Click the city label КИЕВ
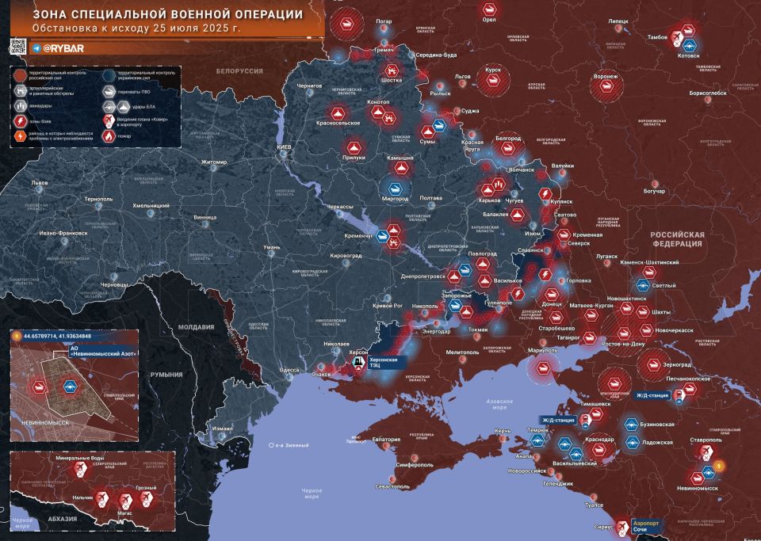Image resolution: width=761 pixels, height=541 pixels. (284, 148)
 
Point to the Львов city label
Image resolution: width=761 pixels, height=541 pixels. (39, 182)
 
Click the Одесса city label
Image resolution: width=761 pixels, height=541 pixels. (290, 370)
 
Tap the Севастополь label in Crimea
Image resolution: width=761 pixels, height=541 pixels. (393, 486)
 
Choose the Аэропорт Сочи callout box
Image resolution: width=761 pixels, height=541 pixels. (649, 526)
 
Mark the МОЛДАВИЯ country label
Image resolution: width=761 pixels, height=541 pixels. (195, 327)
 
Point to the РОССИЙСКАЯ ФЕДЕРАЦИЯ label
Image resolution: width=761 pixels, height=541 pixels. (677, 239)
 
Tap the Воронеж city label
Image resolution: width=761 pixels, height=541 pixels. (605, 77)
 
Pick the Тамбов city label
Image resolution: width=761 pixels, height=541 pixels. (657, 37)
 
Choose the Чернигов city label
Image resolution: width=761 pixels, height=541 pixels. (310, 85)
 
